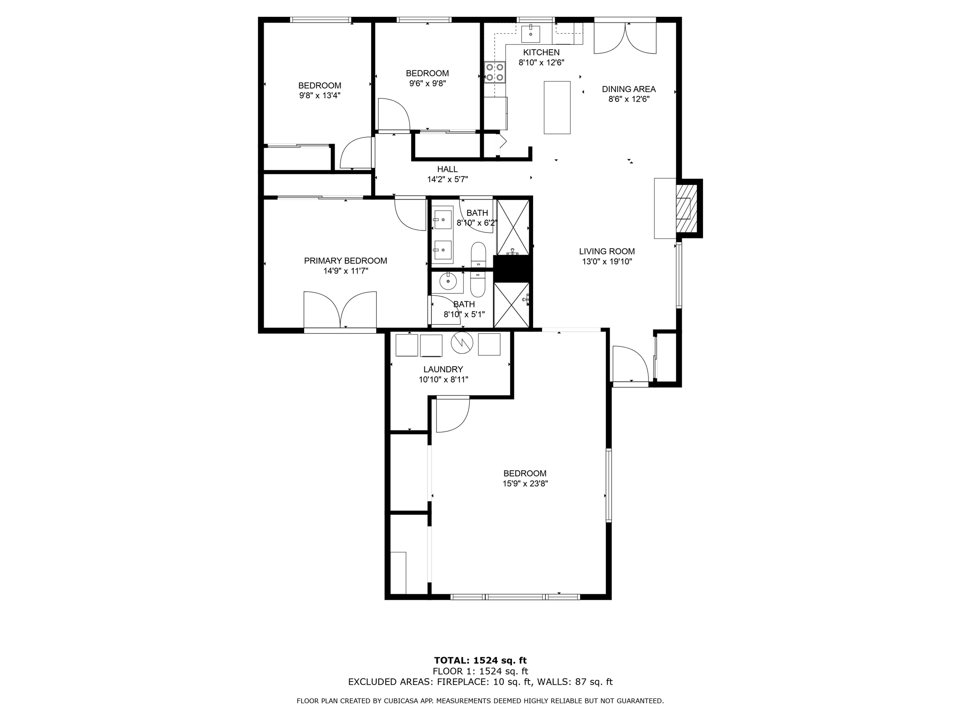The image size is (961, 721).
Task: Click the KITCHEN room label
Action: [541, 53]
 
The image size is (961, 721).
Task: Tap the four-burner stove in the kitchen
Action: [495, 72]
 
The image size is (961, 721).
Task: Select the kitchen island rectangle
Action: [557, 107]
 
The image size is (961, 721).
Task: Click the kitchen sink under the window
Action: [530, 34]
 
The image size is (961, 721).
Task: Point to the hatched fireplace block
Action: [686, 208]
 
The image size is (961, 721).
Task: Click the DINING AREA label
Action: [628, 89]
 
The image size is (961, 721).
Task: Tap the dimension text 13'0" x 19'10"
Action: [607, 262]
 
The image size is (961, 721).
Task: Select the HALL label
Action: [447, 169]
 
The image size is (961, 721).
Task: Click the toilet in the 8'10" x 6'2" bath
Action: [478, 253]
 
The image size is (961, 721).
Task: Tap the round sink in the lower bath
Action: [448, 282]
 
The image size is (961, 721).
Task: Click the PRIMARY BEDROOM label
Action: [345, 261]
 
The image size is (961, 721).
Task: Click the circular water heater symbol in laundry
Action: [462, 343]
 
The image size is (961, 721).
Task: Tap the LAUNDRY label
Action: [443, 369]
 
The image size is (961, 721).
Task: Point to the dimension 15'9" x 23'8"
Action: [525, 483]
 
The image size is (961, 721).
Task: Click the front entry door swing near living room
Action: [629, 364]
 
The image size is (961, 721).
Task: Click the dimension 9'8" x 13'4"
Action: [320, 96]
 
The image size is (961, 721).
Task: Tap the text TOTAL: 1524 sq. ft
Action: [480, 661]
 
